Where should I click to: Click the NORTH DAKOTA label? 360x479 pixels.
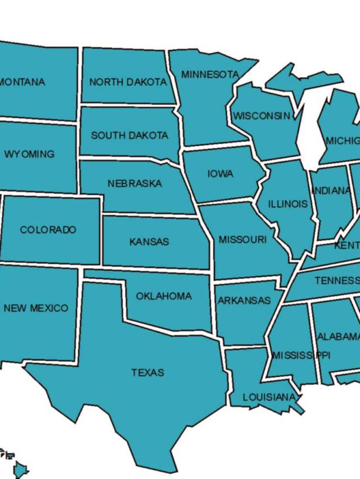coord(128,82)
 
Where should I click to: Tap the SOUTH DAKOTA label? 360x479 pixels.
coord(129,135)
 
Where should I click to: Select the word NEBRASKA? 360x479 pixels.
coord(134,184)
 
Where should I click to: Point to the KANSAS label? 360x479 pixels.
coord(149,242)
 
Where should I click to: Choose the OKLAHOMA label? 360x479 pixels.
coord(164,296)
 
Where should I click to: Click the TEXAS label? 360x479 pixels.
coord(148,372)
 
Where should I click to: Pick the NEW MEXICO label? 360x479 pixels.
coord(35,308)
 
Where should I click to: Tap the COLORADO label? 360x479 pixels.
coord(48,230)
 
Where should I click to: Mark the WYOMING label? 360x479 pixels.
coord(29,154)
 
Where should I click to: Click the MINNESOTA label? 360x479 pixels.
coord(210,74)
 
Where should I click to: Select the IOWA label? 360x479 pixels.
coord(220,174)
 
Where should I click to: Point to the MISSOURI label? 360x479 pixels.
coord(242,240)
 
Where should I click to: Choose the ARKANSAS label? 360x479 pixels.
coord(244,300)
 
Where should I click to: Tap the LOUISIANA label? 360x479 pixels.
coord(269,397)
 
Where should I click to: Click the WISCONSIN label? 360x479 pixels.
coord(262,116)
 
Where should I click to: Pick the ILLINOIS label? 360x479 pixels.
coord(287,204)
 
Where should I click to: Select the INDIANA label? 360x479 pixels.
coord(331,191)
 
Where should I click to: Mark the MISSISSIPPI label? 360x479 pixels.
coord(301,355)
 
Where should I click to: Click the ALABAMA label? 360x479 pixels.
coord(338,337)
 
